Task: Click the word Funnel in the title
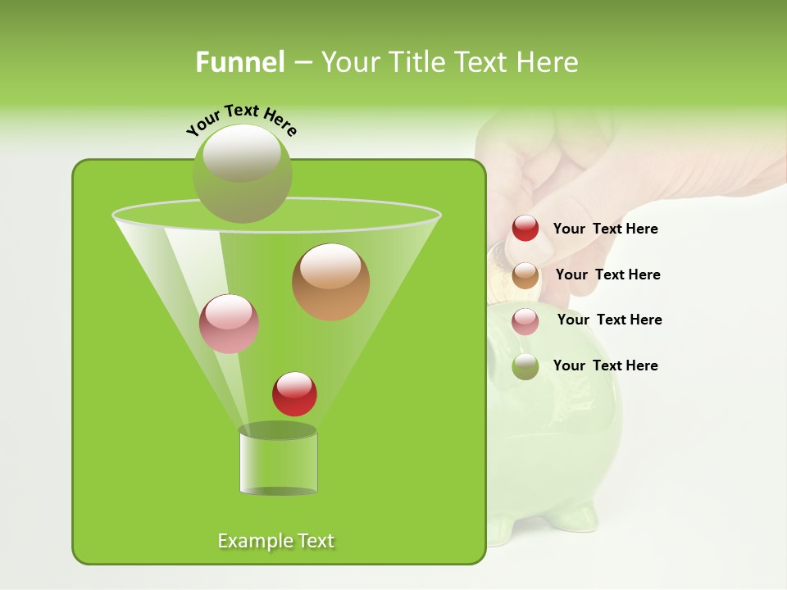coord(239,62)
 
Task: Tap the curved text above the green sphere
coord(241,120)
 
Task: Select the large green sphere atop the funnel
coord(242,173)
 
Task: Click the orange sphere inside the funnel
coord(330,282)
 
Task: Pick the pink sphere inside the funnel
coord(229,324)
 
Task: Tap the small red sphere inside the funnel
coord(294,393)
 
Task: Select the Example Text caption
coord(275,541)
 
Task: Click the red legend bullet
coord(525,229)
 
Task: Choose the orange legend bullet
coord(525,275)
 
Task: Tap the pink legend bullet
coord(525,321)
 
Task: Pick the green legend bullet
coord(525,366)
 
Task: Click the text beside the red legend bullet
coord(605,229)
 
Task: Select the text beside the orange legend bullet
coord(607,275)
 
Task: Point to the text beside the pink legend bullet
coord(609,320)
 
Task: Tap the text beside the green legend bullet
coord(605,366)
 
